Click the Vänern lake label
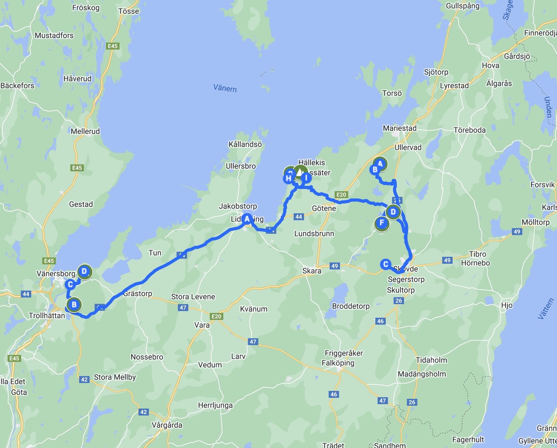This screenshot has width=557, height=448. point(225,88)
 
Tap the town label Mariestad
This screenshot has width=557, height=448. point(400,128)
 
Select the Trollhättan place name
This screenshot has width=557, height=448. point(47,315)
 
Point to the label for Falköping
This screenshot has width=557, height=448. point(338,363)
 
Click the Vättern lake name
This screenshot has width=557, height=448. point(546,309)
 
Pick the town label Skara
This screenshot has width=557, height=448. point(312,271)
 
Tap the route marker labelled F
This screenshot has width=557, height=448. point(382,223)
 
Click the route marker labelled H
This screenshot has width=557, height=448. point(288,179)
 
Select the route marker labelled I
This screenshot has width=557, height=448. point(306,178)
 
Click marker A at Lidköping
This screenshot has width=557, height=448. point(247,219)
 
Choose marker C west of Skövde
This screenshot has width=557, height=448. point(385,264)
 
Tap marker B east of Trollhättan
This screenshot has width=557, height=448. point(74,304)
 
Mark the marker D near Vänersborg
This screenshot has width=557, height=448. point(84,271)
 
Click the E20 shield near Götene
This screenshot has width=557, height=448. point(341,195)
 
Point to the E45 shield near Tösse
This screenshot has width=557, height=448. point(113,46)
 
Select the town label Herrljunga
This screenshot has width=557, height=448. point(215,405)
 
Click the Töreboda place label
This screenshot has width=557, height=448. point(469,130)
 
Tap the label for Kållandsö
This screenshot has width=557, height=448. point(245,144)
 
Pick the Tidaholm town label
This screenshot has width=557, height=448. point(431,360)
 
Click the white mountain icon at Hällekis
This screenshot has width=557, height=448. point(300,172)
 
